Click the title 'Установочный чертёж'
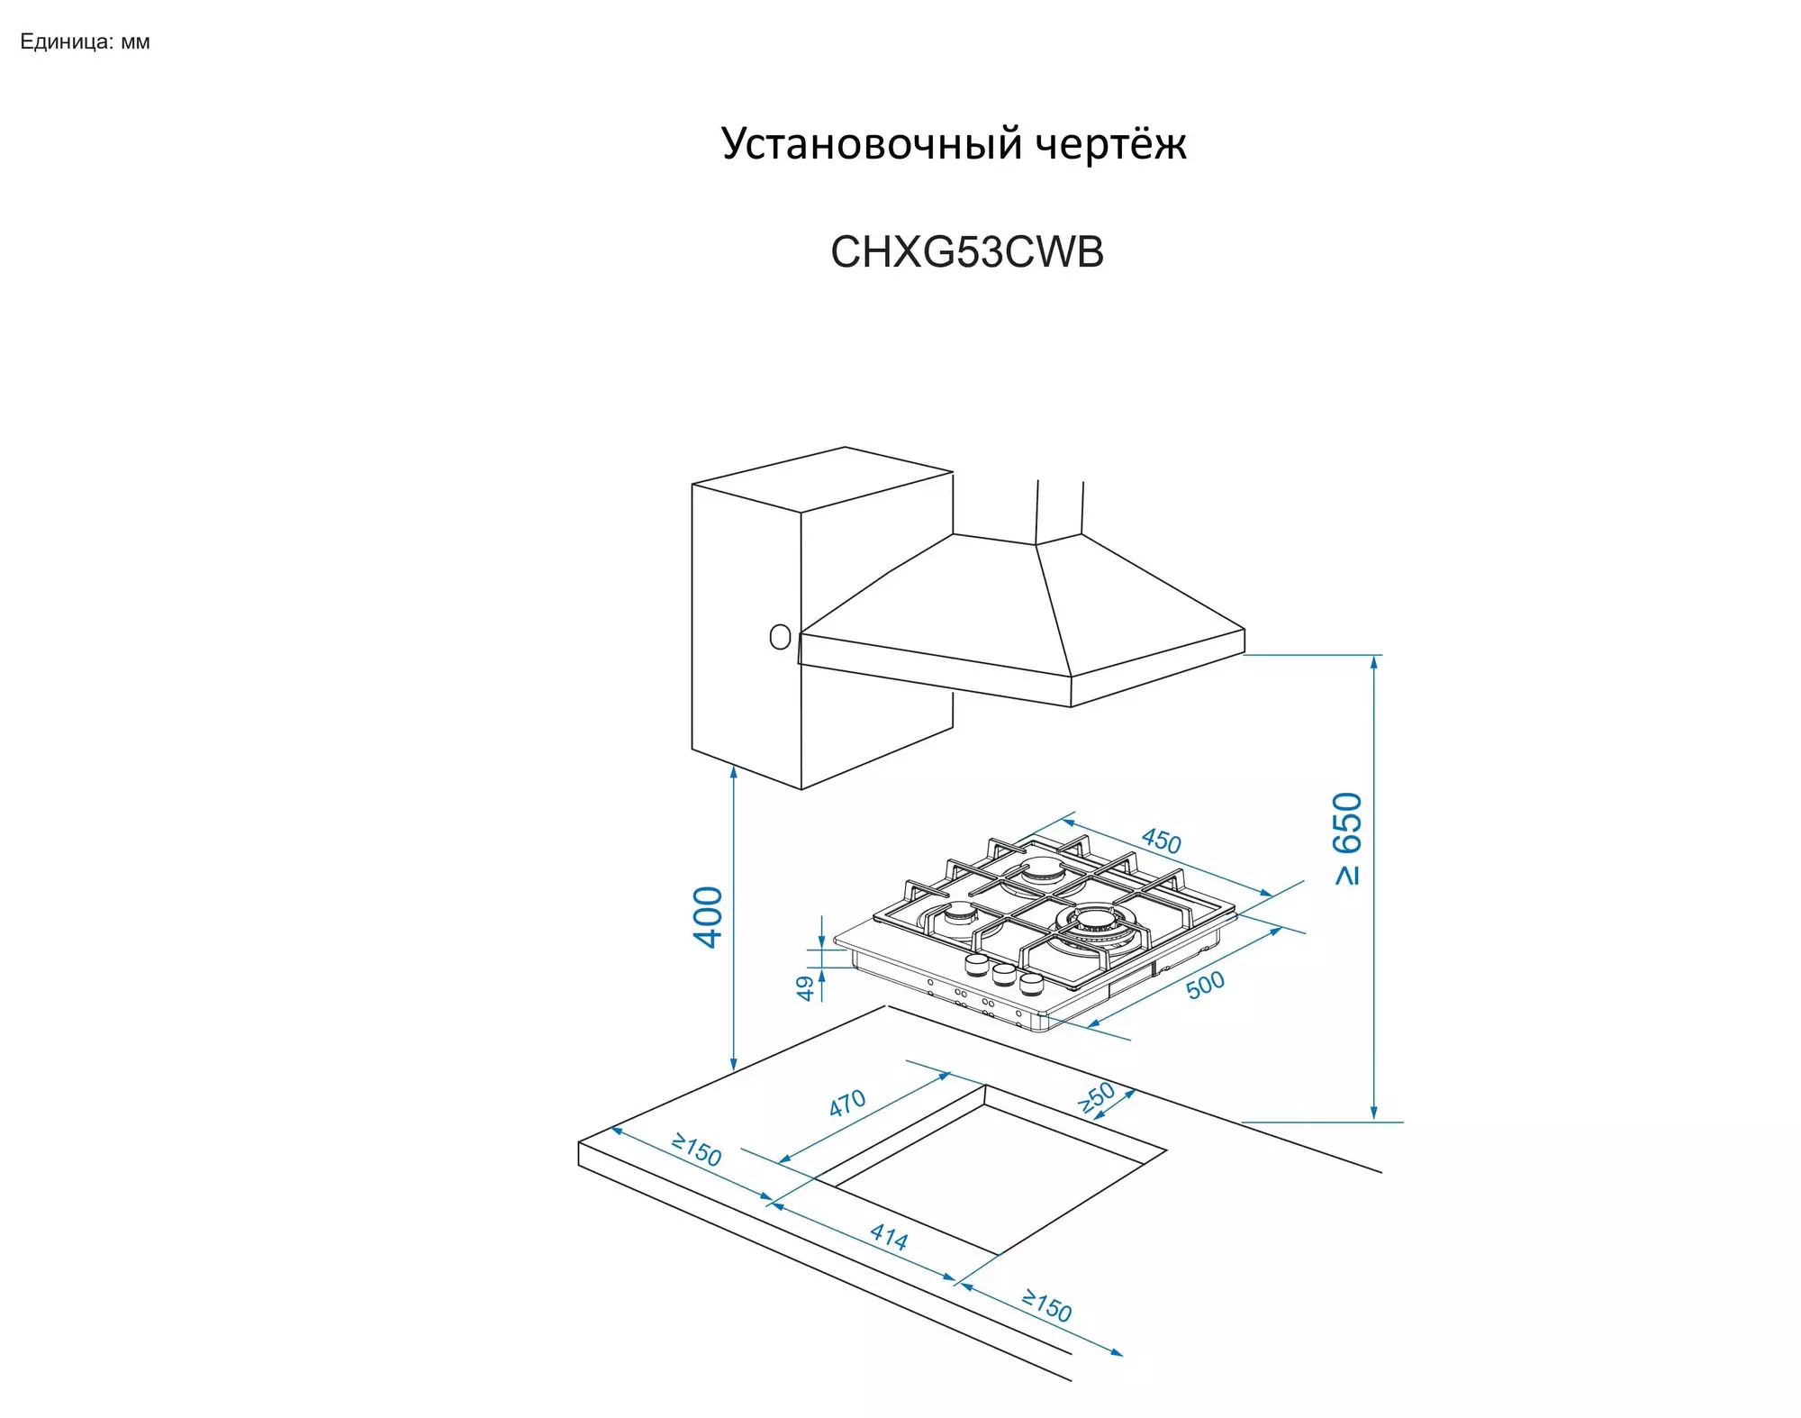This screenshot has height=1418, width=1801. click(x=954, y=144)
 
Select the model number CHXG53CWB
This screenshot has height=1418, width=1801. click(x=966, y=252)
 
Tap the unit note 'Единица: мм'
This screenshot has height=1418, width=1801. click(x=85, y=42)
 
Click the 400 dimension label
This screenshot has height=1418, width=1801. click(x=709, y=917)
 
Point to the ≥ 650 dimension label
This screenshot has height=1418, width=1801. click(x=1347, y=838)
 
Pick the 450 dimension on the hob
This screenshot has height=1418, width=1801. click(x=1161, y=841)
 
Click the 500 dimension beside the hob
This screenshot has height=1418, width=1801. click(x=1205, y=985)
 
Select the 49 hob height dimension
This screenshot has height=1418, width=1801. click(x=805, y=988)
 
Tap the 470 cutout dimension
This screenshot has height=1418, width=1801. click(x=847, y=1103)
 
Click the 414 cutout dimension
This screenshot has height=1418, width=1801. click(x=889, y=1237)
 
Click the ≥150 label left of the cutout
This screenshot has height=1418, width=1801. click(x=697, y=1150)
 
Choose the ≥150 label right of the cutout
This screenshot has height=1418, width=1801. click(x=1046, y=1305)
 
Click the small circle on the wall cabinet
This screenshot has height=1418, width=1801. click(x=780, y=638)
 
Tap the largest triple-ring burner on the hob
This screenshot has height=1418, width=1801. click(x=1095, y=923)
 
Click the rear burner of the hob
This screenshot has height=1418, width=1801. click(x=1045, y=870)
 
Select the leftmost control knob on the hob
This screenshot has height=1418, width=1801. click(x=977, y=965)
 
